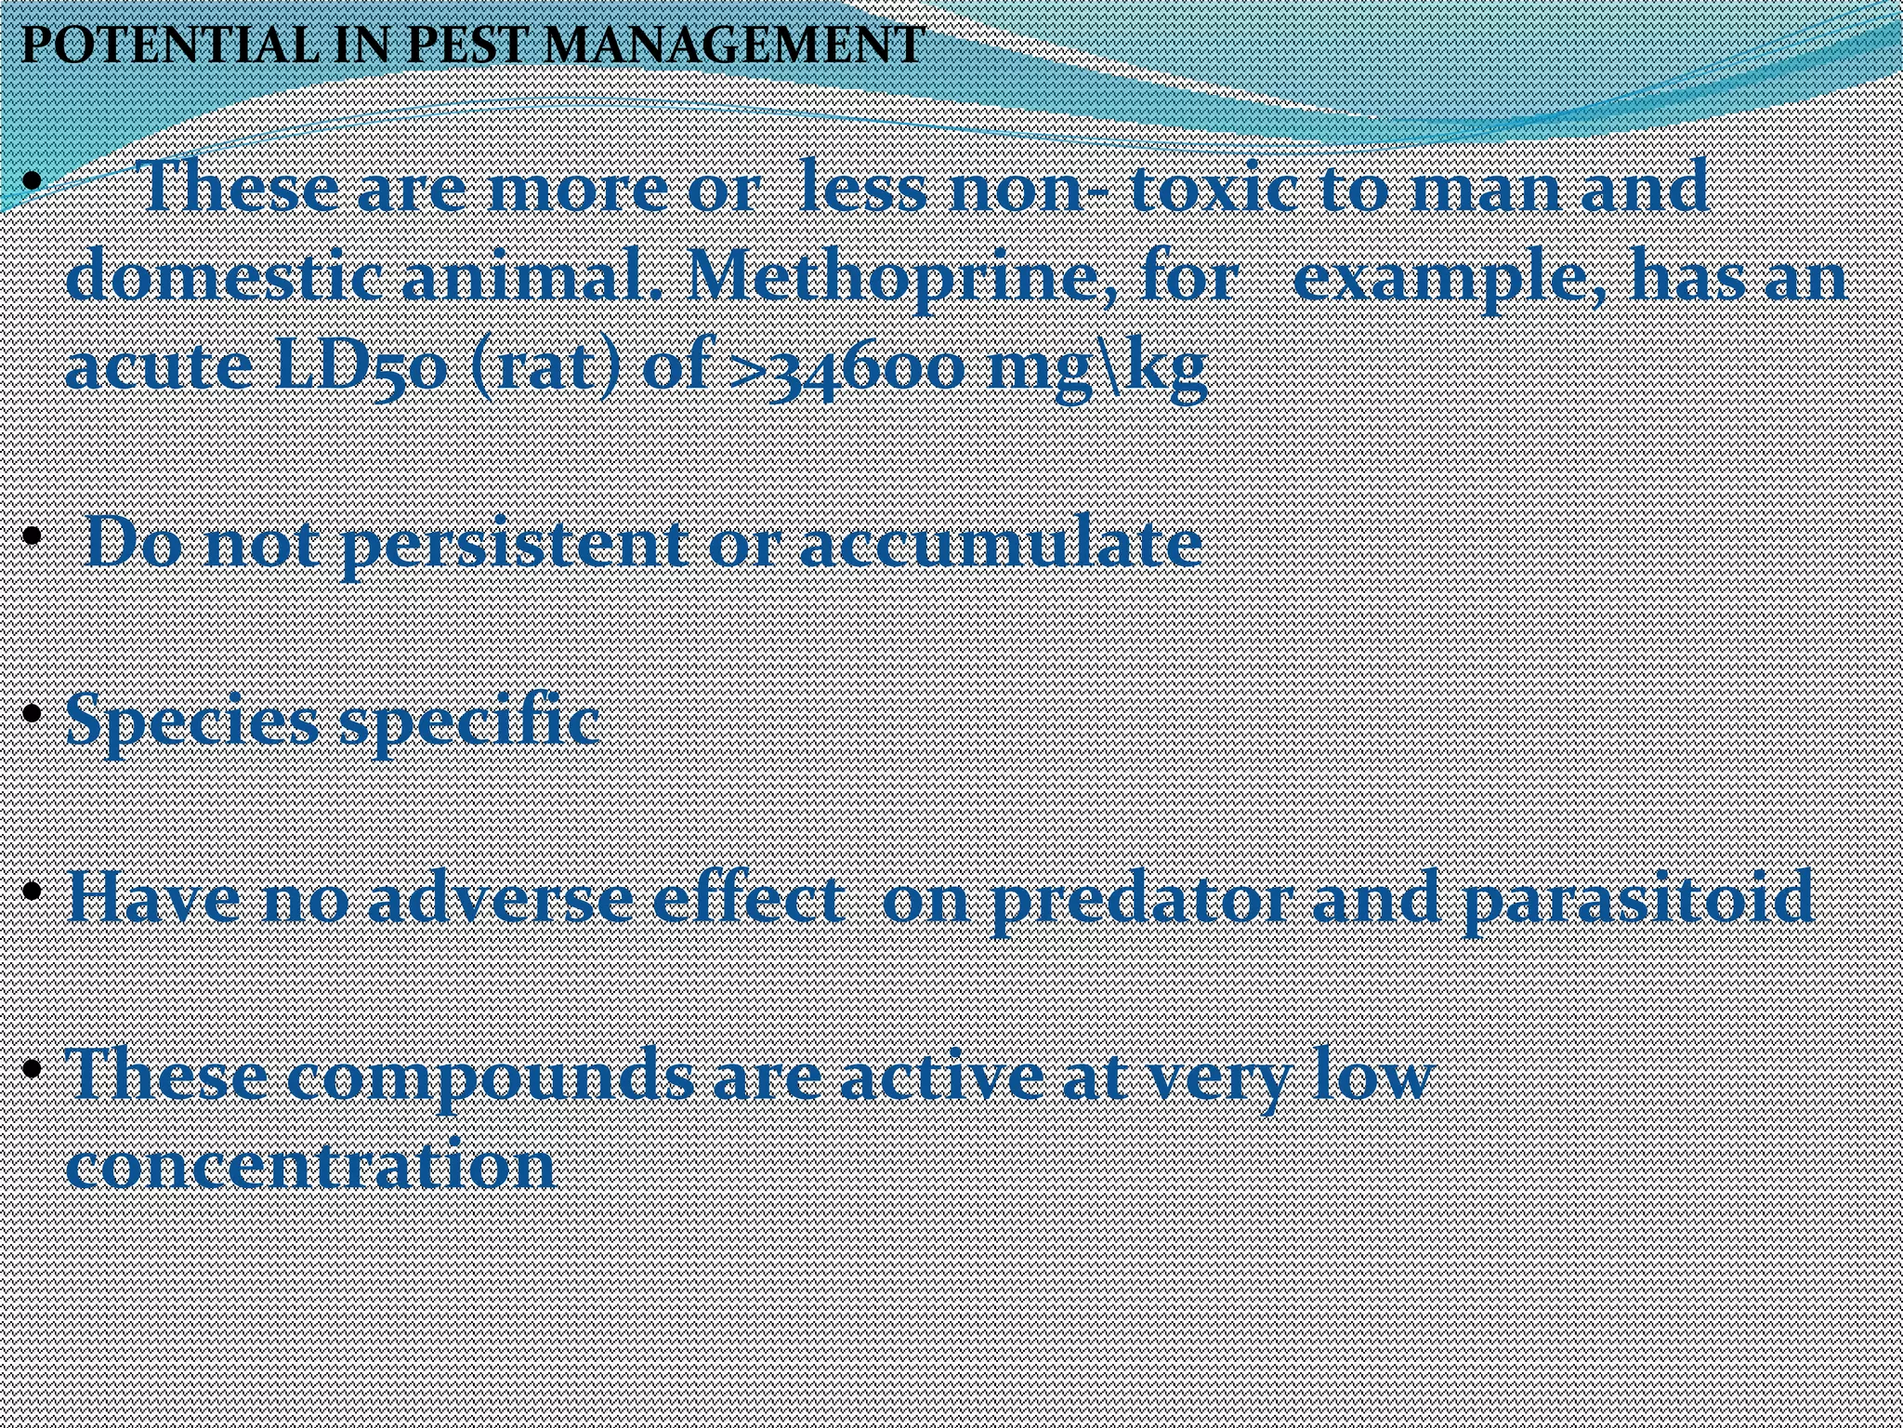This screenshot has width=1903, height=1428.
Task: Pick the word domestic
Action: coord(223,277)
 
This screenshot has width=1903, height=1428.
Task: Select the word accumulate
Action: coord(1000,543)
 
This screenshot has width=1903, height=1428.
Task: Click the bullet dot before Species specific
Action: coord(33,714)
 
